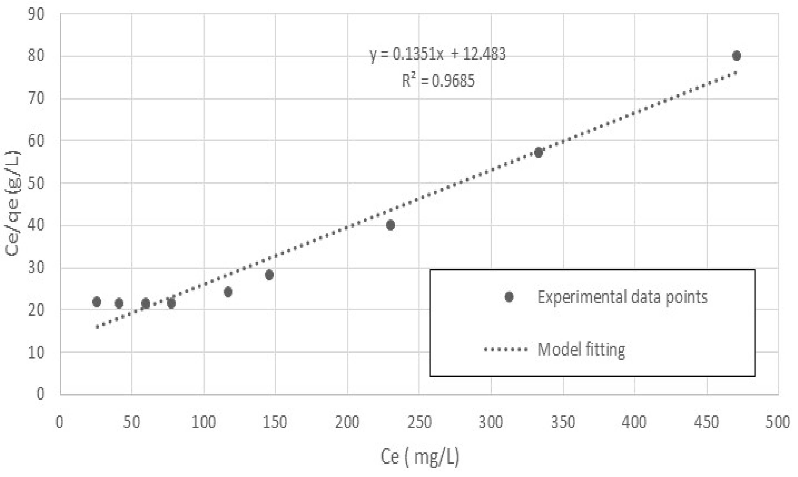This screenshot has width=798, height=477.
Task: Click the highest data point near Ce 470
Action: pyautogui.click(x=736, y=56)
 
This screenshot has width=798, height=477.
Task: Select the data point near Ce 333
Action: pyautogui.click(x=539, y=152)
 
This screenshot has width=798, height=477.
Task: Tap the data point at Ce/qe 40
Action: pyautogui.click(x=390, y=225)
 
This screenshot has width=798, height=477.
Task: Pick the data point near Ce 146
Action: pyautogui.click(x=269, y=275)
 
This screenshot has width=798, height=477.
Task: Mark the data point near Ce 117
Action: pyautogui.click(x=228, y=292)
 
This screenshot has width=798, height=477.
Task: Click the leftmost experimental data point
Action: pyautogui.click(x=97, y=302)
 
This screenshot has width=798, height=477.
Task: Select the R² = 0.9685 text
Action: pyautogui.click(x=438, y=81)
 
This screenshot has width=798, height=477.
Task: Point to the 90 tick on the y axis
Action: pyautogui.click(x=36, y=14)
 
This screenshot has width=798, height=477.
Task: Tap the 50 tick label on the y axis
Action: pyautogui.click(x=36, y=184)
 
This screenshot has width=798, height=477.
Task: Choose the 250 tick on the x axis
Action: pyautogui.click(x=419, y=422)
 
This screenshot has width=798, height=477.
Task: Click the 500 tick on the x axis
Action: pyautogui.click(x=777, y=422)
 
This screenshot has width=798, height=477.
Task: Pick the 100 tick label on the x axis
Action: pyautogui.click(x=203, y=422)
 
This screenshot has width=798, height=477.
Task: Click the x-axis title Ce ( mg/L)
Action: pyautogui.click(x=420, y=457)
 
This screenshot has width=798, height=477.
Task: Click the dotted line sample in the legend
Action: pyautogui.click(x=506, y=349)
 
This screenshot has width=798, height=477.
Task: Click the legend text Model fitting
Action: pyautogui.click(x=581, y=349)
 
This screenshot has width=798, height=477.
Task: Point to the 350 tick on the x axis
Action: pyautogui.click(x=563, y=422)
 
